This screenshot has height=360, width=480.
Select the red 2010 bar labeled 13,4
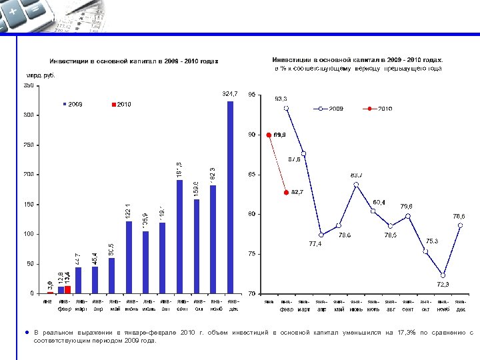point(67,289)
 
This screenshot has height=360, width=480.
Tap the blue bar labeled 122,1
point(129,257)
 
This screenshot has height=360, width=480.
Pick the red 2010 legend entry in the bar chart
point(121,105)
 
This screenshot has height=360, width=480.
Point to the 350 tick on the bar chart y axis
point(31,85)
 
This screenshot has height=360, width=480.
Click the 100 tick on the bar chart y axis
point(31,234)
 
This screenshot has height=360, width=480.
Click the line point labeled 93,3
point(286,108)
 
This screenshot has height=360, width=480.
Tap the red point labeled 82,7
point(286,192)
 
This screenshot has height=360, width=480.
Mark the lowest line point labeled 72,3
point(443,275)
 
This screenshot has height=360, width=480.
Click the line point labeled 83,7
point(356,184)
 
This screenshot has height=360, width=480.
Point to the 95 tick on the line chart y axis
point(251,95)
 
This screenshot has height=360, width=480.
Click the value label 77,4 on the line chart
point(315,244)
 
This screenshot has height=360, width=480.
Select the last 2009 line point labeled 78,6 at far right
point(460,225)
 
